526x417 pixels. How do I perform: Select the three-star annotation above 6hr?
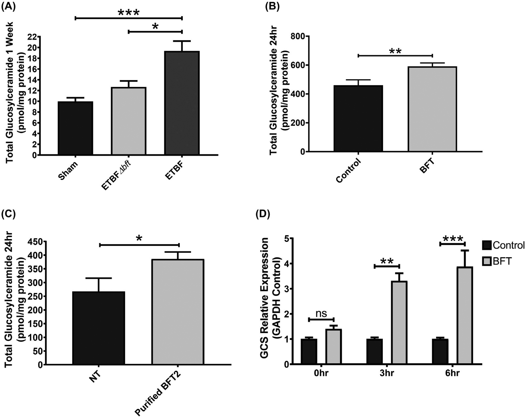click(453, 239)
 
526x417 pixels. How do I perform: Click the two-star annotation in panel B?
click(395, 51)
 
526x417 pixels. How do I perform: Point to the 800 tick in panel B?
click(302, 36)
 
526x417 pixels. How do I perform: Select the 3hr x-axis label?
click(387, 373)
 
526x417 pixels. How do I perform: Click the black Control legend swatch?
click(487, 245)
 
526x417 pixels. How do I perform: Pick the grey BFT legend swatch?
click(487, 261)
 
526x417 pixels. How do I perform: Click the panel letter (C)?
click(9, 214)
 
